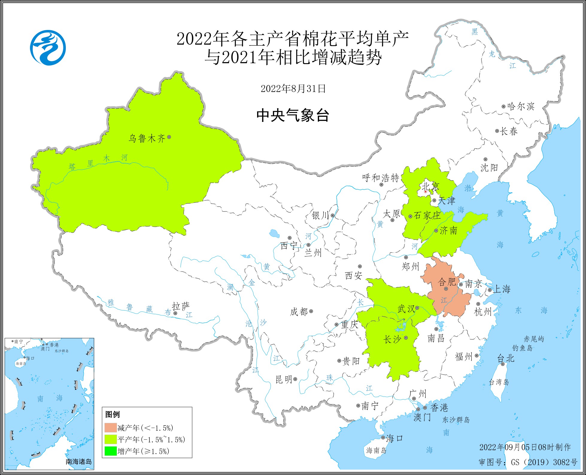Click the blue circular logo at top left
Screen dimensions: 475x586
click(48, 48)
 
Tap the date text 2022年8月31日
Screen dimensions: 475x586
click(293, 89)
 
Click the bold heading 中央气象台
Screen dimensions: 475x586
click(293, 115)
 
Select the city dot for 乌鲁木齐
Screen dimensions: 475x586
click(169, 137)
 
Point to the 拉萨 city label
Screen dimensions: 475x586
click(181, 306)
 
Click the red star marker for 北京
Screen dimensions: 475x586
click(426, 191)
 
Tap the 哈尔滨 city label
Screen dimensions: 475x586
click(521, 107)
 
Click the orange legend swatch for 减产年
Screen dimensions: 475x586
click(110, 428)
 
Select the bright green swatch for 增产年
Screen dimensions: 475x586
click(110, 451)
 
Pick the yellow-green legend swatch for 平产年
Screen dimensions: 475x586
click(110, 439)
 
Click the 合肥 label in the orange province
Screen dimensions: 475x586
click(447, 282)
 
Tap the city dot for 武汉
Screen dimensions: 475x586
click(417, 307)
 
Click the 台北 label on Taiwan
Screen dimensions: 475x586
click(505, 358)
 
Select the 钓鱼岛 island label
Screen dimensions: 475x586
click(522, 348)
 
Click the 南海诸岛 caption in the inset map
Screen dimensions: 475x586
click(79, 462)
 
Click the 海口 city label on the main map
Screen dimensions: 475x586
click(394, 438)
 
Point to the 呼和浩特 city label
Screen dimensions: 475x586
click(381, 178)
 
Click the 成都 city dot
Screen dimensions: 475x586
click(311, 311)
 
